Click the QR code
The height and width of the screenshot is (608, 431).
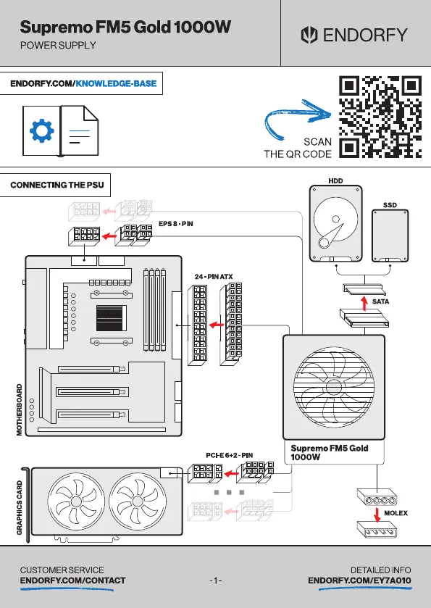[x=380, y=117]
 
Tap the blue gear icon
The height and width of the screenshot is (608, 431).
[x=42, y=131]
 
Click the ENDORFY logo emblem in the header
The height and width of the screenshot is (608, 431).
[x=309, y=35]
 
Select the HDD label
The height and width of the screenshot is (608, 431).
[x=335, y=180]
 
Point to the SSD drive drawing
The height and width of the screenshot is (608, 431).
[x=390, y=236]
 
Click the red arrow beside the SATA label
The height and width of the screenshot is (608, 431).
[x=364, y=303]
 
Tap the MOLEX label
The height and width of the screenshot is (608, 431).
[x=396, y=513]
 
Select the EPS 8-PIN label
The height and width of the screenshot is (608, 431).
[x=175, y=224]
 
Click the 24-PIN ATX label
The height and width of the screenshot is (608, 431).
[x=214, y=277]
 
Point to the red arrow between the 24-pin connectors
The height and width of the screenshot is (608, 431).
[x=217, y=325]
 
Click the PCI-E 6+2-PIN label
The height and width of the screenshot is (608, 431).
[x=229, y=455]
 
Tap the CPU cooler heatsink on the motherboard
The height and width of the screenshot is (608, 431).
[x=112, y=318]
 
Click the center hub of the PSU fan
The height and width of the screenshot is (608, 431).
[x=333, y=386]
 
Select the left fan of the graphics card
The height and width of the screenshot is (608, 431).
[x=76, y=501]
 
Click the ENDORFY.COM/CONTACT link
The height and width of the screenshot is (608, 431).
[x=73, y=580]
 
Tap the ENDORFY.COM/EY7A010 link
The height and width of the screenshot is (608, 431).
[x=360, y=580]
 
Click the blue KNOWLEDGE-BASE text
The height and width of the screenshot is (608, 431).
[x=116, y=83]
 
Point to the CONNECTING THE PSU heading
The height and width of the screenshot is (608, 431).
[x=57, y=185]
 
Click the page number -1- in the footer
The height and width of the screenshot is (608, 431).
[x=216, y=580]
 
